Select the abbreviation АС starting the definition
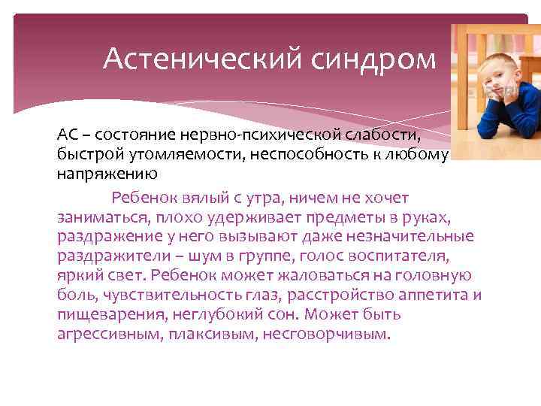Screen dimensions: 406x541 tap(66, 135)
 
